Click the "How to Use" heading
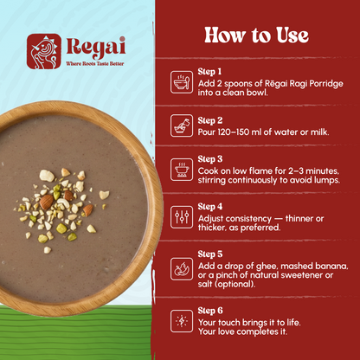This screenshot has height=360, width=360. (256, 35)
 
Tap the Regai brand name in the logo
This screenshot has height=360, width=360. (96, 48)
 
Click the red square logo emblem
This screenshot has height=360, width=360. (44, 51)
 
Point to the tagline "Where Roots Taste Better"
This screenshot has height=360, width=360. (95, 64)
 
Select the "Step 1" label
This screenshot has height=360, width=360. (209, 72)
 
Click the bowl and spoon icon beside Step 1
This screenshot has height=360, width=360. (182, 82)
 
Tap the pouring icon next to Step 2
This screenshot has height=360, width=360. (182, 125)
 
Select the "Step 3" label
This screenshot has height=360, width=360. (210, 159)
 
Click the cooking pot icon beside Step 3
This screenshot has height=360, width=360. (182, 170)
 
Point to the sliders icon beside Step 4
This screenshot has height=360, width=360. (182, 217)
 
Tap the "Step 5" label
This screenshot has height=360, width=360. (210, 254)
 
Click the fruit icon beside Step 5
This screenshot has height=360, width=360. (182, 269)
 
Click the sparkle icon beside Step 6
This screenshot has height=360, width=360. (182, 321)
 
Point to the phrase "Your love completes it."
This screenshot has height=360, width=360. (242, 331)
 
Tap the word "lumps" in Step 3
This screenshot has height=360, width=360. (328, 181)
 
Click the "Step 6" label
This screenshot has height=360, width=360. (210, 311)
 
